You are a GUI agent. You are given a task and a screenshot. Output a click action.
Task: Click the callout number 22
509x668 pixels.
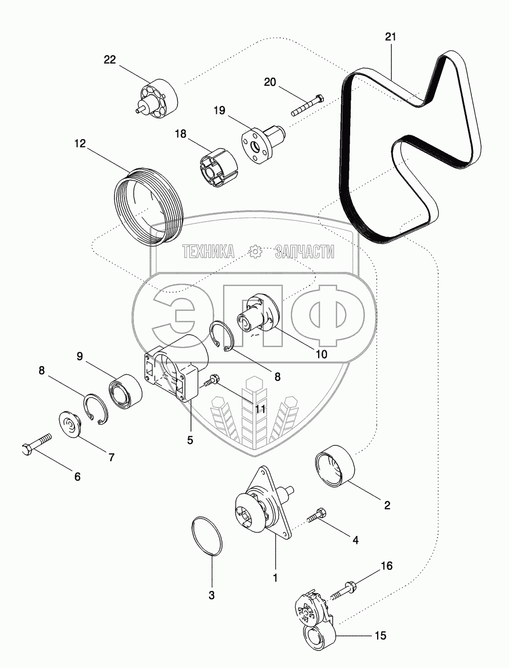110,60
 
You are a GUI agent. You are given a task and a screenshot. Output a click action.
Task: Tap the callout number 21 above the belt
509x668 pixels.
391,37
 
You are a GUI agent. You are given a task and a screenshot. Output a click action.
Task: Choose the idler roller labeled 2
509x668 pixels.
334,466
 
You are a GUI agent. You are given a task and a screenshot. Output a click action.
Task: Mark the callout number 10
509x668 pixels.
321,354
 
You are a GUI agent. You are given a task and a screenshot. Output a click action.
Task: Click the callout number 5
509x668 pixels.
190,440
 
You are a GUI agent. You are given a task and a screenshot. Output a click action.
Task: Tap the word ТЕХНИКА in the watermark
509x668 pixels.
208,252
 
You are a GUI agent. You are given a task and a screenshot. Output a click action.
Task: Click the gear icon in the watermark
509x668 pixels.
255,252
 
